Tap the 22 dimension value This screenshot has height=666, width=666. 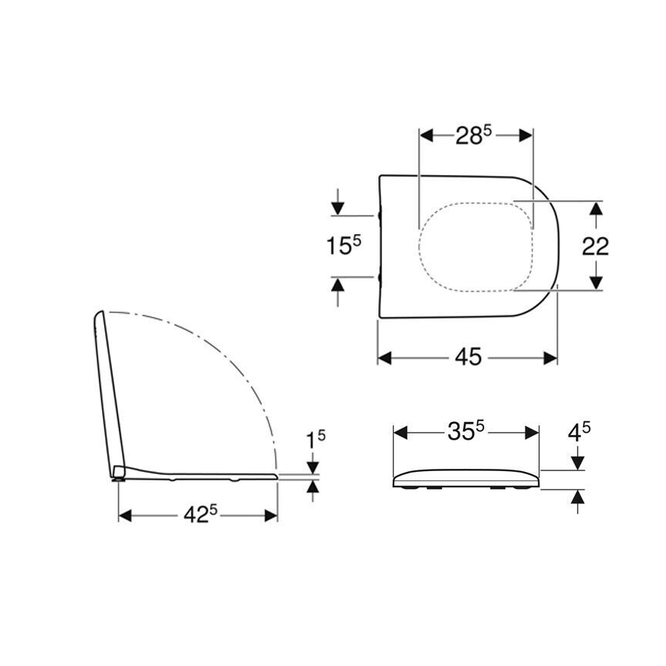pos(595,246)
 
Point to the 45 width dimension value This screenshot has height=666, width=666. pos(468,358)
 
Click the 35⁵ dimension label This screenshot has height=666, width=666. pos(466,431)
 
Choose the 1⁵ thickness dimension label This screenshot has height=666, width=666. pos(315,440)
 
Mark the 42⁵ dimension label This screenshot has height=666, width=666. pos(196,516)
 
